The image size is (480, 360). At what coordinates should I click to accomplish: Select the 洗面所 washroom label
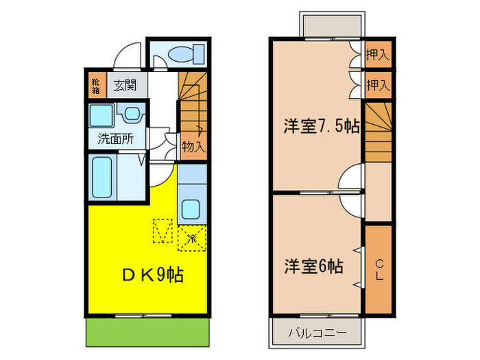tap(115, 139)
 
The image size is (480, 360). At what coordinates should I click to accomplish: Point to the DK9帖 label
tap(152, 276)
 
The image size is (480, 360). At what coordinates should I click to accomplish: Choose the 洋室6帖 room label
tap(315, 266)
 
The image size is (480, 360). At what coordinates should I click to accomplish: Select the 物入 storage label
tap(193, 145)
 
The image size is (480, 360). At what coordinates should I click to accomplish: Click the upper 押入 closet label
tap(377, 54)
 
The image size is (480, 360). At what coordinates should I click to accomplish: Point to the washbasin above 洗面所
tap(130, 112)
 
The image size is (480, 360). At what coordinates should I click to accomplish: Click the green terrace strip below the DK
tap(147, 333)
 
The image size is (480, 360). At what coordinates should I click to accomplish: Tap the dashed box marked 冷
tap(191, 239)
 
